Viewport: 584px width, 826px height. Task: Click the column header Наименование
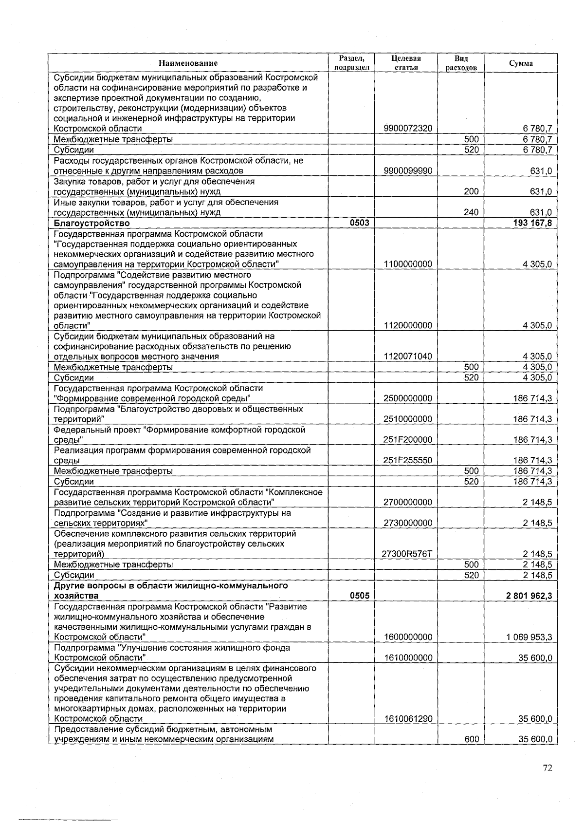188,63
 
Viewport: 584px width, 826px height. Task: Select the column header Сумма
521,63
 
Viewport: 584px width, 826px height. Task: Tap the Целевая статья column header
406,63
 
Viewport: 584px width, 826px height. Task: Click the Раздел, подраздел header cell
351,63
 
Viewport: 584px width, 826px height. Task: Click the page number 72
547,768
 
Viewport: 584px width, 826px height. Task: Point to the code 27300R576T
407,554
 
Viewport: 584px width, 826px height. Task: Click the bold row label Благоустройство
92,223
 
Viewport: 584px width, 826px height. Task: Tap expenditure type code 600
471,739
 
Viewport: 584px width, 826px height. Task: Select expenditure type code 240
471,212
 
